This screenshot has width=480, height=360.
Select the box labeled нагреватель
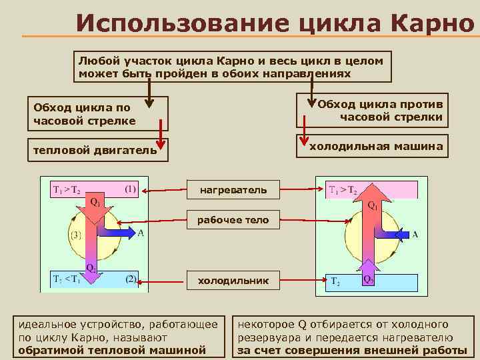233,190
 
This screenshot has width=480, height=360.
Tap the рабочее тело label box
233,220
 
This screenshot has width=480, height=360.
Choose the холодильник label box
233,281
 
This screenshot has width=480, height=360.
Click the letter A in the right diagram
415,234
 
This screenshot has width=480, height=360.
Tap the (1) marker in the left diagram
131,189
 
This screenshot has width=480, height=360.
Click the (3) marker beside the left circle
76,235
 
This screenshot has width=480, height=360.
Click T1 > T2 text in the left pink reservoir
67,190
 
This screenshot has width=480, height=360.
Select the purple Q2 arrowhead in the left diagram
92,280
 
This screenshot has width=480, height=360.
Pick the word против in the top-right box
424,105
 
